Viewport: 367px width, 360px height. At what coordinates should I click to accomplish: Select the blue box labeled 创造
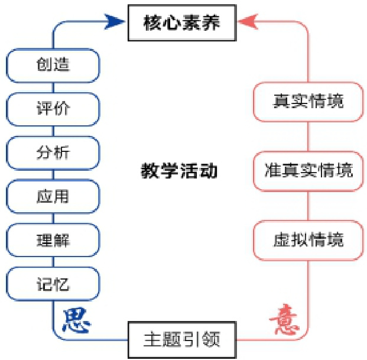53,64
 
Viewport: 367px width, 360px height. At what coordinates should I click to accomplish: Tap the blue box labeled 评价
53,109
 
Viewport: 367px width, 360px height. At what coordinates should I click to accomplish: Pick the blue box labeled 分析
53,153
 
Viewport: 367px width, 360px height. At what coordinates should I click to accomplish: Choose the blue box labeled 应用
53,196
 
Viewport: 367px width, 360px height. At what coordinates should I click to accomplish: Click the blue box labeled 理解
53,240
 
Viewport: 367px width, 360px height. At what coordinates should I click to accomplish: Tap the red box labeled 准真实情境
308,171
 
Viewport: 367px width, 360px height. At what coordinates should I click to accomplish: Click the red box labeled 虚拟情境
308,241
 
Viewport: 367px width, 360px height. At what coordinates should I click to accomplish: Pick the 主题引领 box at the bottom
182,340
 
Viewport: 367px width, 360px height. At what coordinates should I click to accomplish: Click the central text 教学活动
179,171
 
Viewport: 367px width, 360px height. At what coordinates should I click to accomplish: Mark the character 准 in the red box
272,171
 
